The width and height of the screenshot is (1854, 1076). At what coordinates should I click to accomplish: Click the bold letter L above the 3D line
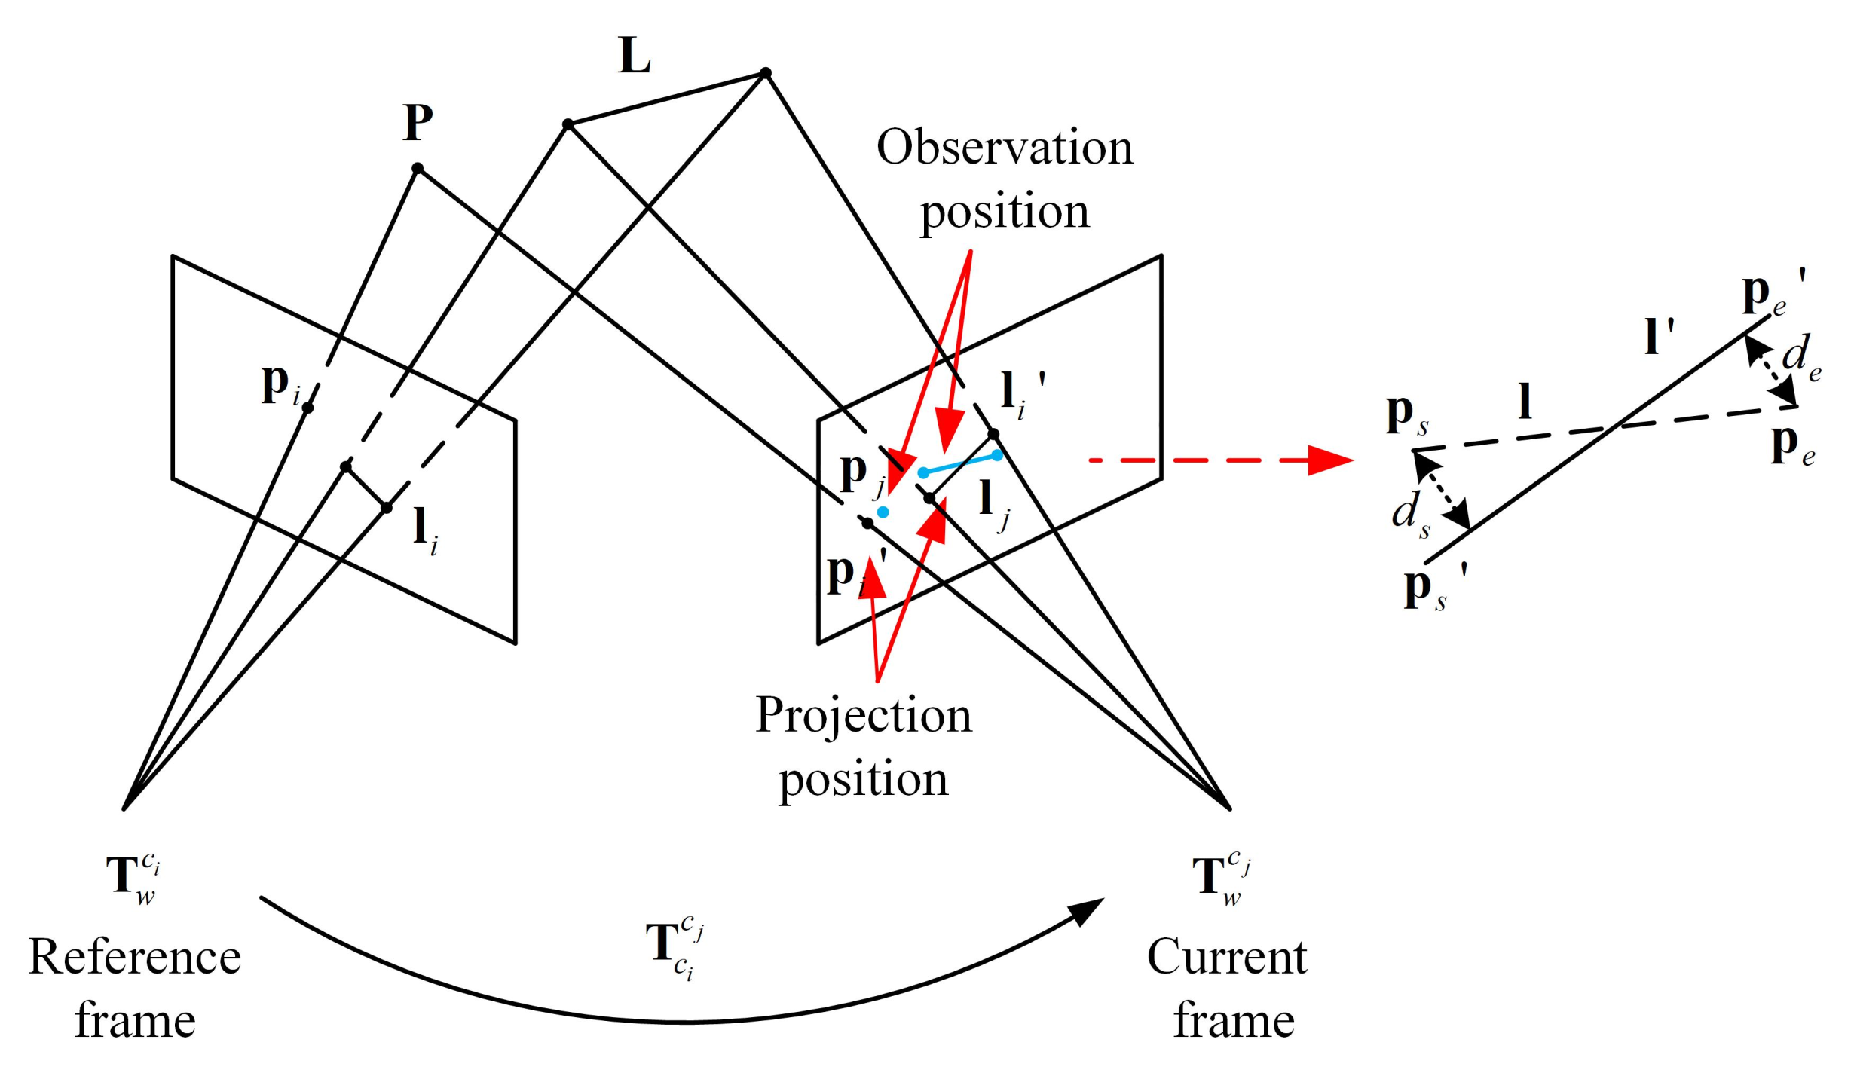[x=634, y=57]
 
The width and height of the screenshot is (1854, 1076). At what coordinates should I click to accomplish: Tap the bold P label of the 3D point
[x=418, y=122]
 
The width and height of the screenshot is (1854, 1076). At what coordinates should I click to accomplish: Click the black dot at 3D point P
[x=418, y=168]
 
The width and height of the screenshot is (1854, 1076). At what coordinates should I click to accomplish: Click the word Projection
[x=864, y=716]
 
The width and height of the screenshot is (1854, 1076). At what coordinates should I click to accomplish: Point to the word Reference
[x=135, y=958]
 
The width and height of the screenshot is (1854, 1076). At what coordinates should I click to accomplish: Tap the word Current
[x=1227, y=958]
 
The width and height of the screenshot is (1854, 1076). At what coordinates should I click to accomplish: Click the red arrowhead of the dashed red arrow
[x=1330, y=460]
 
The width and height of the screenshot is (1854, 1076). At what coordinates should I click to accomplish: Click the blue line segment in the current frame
[x=960, y=464]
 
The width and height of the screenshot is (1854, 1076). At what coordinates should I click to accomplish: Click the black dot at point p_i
[x=307, y=408]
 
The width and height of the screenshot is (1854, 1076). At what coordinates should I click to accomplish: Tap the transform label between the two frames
[x=675, y=946]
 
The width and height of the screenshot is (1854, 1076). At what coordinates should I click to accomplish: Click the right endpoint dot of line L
[x=766, y=73]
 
